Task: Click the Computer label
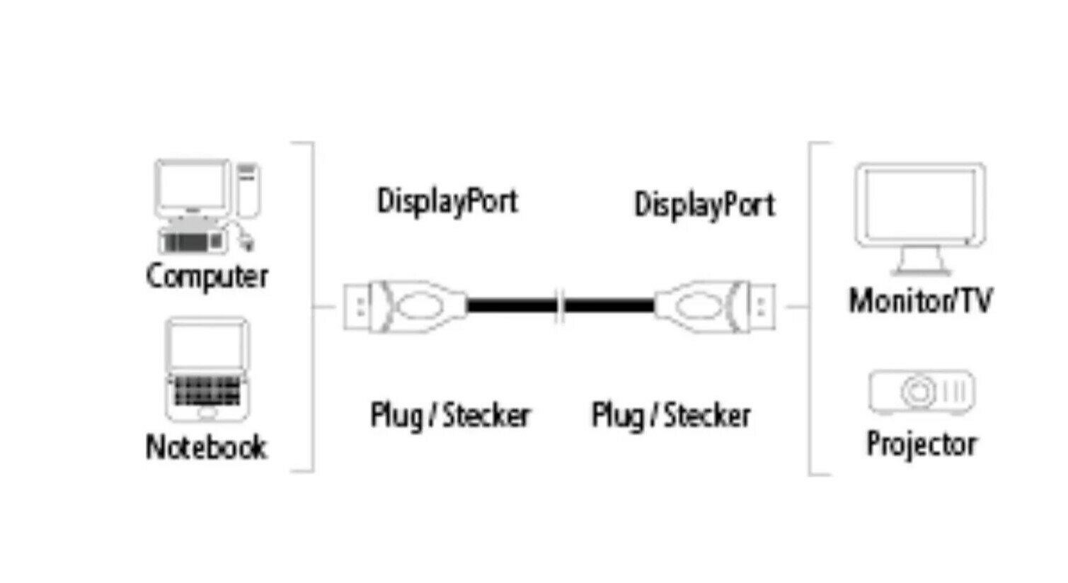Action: (x=207, y=276)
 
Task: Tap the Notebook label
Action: (x=206, y=447)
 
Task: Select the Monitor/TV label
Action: (x=920, y=301)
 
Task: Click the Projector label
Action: (x=921, y=443)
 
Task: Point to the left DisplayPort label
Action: (x=447, y=200)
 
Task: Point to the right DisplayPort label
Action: (x=704, y=205)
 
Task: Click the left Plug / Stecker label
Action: (x=450, y=415)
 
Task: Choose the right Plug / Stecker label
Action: (x=671, y=415)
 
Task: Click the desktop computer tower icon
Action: (x=248, y=189)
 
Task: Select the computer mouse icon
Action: (x=246, y=242)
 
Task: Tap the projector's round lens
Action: (x=917, y=391)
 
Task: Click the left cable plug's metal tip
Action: (x=357, y=307)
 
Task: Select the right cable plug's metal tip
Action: (x=762, y=307)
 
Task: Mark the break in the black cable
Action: (x=561, y=307)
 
